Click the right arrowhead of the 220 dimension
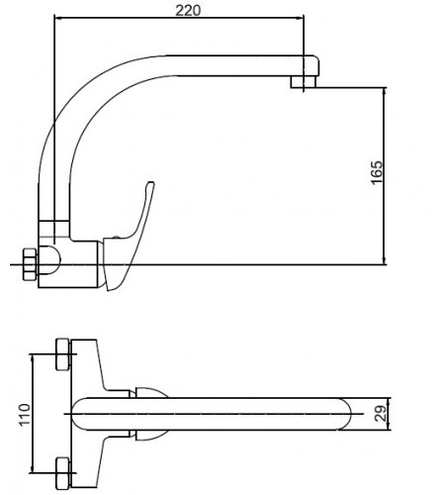click(x=297, y=20)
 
